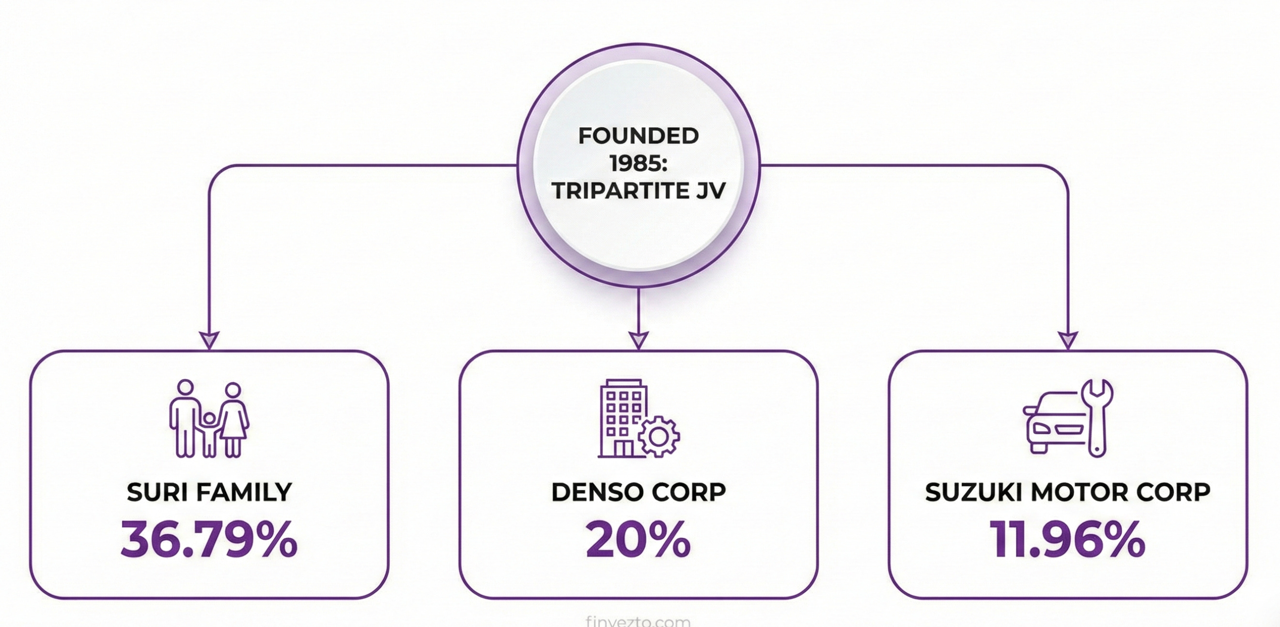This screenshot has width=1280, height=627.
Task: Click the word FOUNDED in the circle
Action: pos(639,136)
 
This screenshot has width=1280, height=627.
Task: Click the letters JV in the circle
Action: pos(711,191)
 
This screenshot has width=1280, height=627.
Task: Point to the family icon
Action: pos(209,419)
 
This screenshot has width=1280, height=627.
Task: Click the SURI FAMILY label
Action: pos(209,492)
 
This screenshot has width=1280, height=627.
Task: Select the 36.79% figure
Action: pos(209,540)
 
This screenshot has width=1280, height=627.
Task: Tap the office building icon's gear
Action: pos(659,436)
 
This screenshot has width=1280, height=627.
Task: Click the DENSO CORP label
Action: pos(639,492)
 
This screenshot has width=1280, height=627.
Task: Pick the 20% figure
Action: pos(639,540)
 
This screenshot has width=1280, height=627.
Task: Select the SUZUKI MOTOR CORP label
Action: pos(1068,492)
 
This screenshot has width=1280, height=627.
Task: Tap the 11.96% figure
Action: pos(1068,540)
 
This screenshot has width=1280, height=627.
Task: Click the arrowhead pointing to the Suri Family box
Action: pos(209,340)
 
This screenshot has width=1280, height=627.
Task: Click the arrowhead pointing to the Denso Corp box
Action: pos(639,340)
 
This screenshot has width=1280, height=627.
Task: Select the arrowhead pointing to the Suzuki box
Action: pos(1068,340)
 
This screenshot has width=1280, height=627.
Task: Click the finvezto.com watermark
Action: pos(638,621)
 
